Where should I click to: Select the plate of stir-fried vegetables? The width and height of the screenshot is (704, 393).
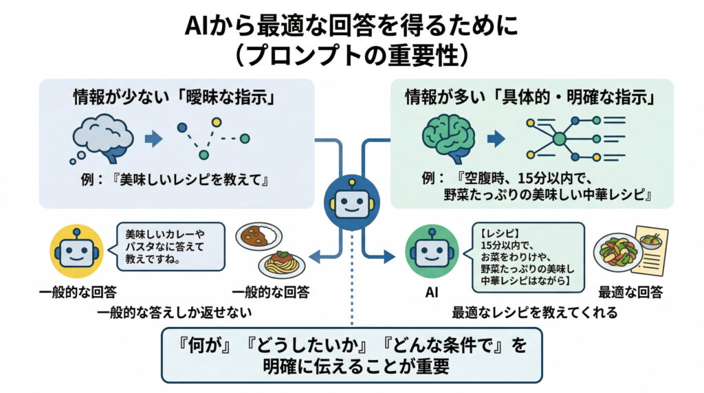pyautogui.click(x=618, y=252)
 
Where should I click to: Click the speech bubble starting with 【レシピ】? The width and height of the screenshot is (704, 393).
pyautogui.click(x=527, y=256)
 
